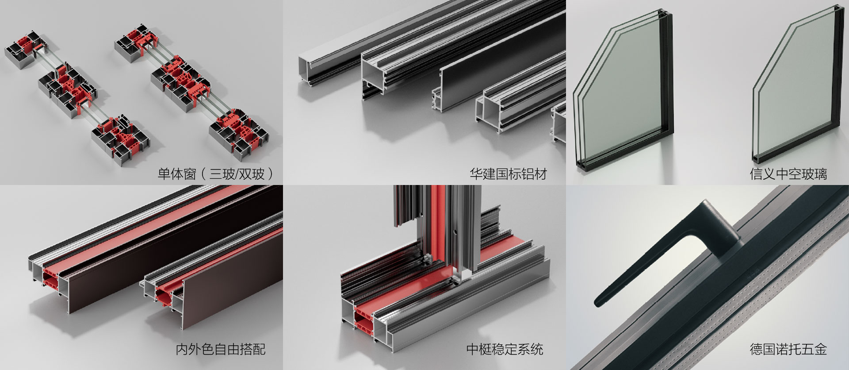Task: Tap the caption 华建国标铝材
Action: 509,173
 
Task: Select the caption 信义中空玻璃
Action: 788,173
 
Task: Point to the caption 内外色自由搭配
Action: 221,349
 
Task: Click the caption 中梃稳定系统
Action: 505,349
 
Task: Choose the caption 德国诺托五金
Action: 788,349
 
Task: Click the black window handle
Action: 663,261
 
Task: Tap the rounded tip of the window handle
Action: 598,302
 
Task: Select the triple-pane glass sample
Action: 623,89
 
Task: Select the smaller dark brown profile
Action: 217,283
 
